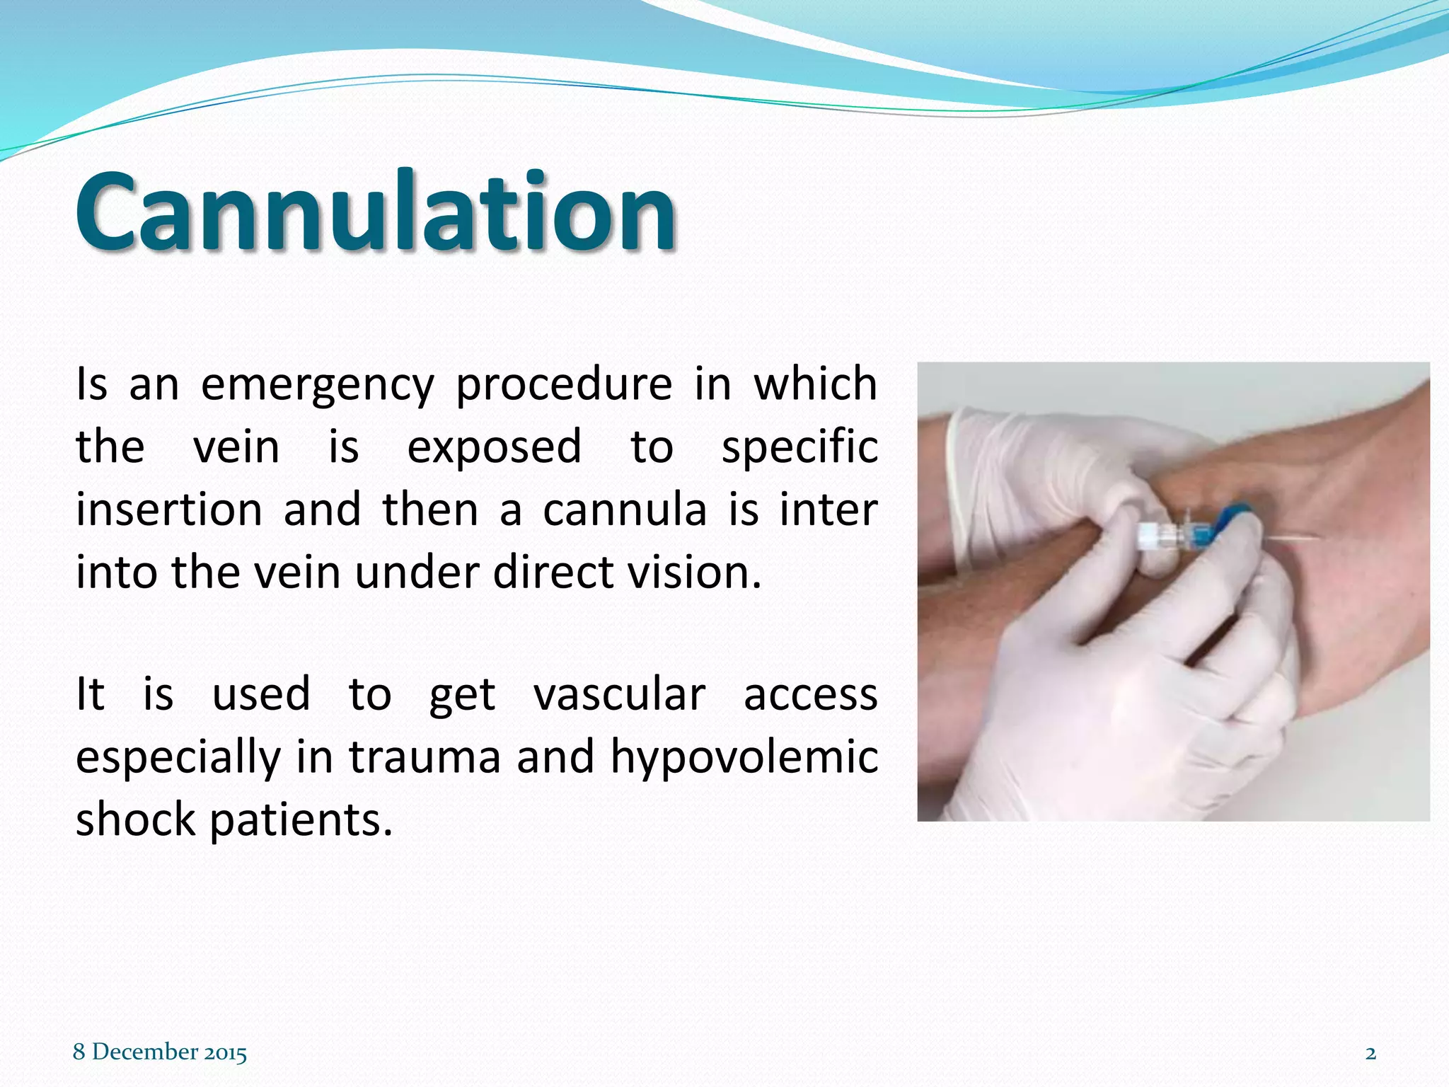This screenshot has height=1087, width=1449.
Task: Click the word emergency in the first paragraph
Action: coord(317,384)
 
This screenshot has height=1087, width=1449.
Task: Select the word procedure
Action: coord(563,384)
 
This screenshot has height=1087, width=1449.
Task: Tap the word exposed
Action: coord(494,447)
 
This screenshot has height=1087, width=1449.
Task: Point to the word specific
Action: coord(799,447)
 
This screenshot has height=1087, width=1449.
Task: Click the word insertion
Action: coord(168,510)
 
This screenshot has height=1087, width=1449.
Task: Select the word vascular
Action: coord(619,695)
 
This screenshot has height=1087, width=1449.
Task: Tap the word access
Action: coord(810,695)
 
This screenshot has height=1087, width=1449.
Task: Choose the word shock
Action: coord(135,819)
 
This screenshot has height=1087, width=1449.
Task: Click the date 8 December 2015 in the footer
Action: coord(160,1052)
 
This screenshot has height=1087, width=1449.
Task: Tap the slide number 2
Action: coord(1370,1053)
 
